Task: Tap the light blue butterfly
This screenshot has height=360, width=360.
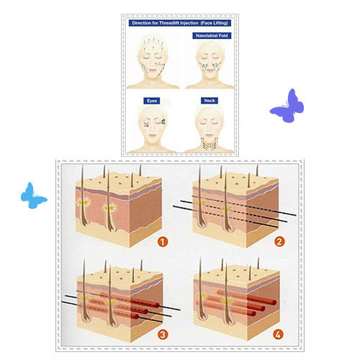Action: click(32, 197)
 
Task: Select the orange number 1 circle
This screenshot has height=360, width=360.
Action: click(163, 242)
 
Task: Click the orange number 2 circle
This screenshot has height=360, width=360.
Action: click(279, 241)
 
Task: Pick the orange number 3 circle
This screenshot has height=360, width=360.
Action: click(163, 334)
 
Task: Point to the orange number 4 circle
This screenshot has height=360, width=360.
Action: click(278, 334)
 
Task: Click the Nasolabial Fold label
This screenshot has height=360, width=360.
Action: click(212, 35)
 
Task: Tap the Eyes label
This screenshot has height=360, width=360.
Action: click(152, 101)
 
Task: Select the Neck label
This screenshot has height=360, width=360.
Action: click(210, 101)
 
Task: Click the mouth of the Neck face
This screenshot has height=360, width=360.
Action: click(210, 135)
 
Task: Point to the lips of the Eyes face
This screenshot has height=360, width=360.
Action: click(153, 135)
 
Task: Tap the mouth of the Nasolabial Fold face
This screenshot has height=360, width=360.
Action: click(210, 71)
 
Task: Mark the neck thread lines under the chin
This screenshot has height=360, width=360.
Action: click(210, 143)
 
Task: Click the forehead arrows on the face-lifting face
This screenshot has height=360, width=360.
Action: click(153, 45)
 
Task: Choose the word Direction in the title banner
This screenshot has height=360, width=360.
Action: click(141, 23)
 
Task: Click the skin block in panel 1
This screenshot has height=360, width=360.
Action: click(119, 210)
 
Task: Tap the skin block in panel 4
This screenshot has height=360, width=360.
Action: click(236, 303)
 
